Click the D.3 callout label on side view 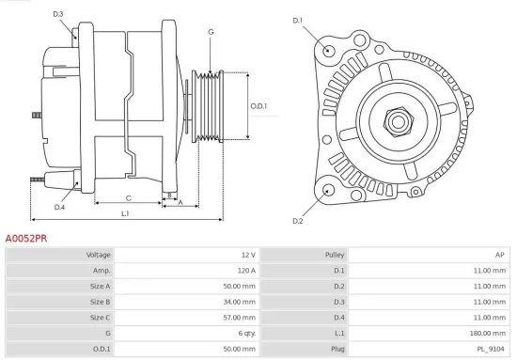tap(57, 14)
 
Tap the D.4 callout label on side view tap(59, 207)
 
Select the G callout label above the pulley tap(211, 32)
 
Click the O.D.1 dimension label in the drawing tap(258, 106)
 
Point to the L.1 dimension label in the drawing tap(125, 214)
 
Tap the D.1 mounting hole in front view tap(327, 50)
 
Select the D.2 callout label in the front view tap(297, 221)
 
